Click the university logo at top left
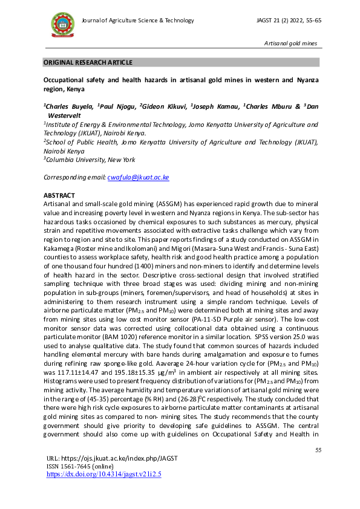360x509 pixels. point(62,24)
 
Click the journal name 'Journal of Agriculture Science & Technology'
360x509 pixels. point(138,21)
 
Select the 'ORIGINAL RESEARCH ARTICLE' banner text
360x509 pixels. point(88,63)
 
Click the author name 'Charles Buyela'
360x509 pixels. point(70,106)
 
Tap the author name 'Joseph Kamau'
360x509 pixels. point(215,106)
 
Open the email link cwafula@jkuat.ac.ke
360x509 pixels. point(138,177)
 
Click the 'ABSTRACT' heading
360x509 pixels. point(59,195)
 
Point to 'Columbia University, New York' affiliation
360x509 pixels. point(90,160)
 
